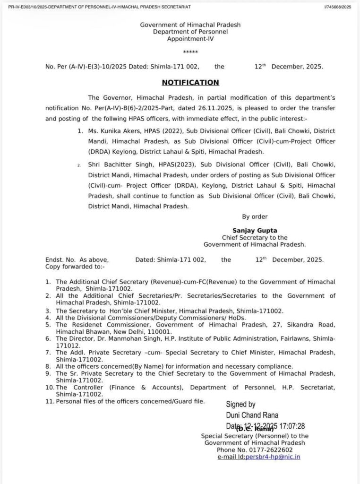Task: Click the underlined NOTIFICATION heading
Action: point(190,83)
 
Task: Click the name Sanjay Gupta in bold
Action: point(255,231)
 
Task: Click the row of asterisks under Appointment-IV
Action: point(190,52)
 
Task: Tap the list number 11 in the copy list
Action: point(49,401)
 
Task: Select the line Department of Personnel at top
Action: point(190,31)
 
